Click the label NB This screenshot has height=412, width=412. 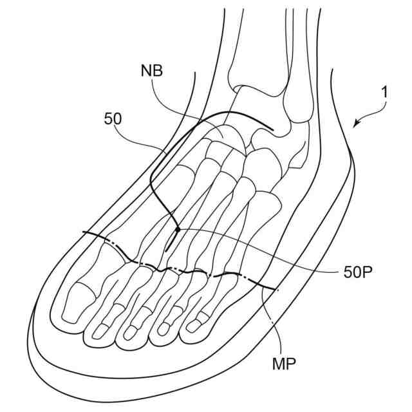pos(153,71)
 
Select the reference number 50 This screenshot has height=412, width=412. pos(113,119)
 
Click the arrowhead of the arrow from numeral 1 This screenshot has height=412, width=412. pos(353,126)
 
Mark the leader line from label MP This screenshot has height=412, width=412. pos(270,322)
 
